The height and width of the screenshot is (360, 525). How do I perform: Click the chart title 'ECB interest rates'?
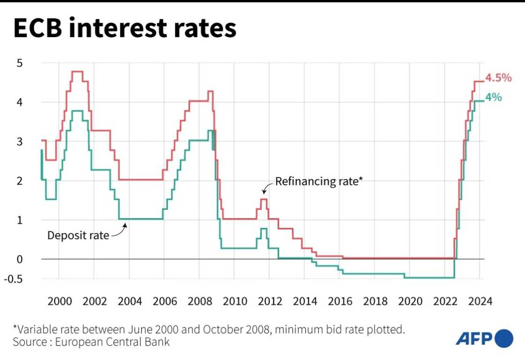[125, 29]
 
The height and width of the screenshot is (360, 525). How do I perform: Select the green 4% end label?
[494, 97]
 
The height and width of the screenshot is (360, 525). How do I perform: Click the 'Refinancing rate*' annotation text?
[319, 181]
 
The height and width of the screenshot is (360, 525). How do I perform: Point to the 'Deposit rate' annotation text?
[78, 235]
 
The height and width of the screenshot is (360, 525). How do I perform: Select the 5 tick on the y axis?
[19, 63]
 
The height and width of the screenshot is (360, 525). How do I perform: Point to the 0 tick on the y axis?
[19, 259]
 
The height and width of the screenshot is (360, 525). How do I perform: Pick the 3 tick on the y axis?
[19, 142]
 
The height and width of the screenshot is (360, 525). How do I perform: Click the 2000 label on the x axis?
[59, 301]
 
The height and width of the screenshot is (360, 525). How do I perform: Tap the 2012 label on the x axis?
[270, 301]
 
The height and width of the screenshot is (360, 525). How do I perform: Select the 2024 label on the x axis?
[480, 301]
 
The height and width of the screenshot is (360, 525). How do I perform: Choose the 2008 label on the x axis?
[199, 301]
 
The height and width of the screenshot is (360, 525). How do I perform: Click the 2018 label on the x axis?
[375, 301]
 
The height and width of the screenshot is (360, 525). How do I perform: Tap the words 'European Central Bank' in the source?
[112, 342]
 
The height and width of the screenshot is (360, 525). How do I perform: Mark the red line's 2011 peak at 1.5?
[264, 200]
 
